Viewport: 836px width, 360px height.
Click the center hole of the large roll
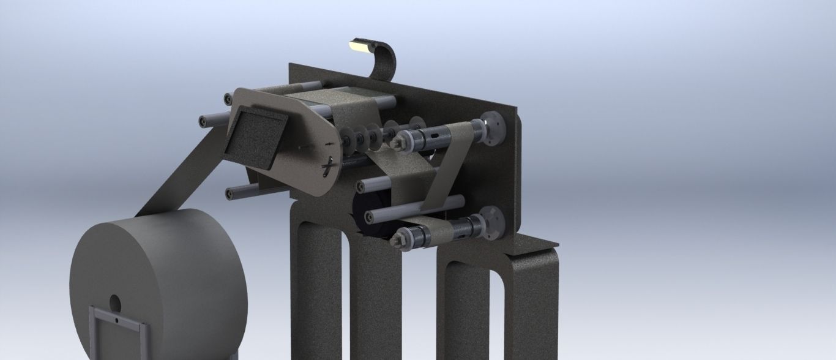(x=114, y=302)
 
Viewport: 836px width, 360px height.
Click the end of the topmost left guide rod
(x=228, y=97)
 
